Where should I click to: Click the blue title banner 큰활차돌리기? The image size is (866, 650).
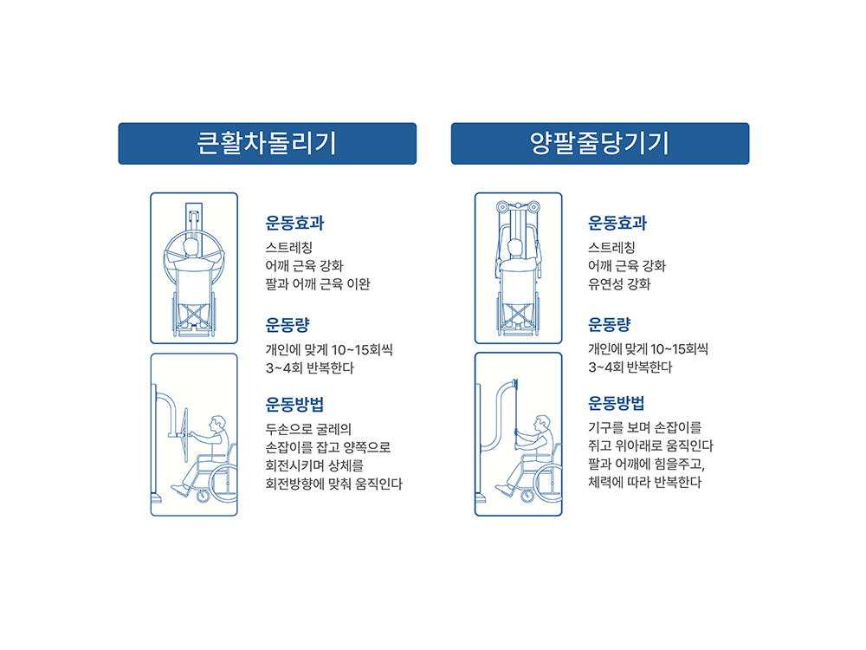(x=268, y=144)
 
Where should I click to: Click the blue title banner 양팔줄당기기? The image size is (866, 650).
(x=600, y=144)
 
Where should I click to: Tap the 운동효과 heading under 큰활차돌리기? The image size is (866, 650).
(x=294, y=223)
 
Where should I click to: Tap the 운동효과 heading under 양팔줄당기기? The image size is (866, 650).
(x=617, y=223)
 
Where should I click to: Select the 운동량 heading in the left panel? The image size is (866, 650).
(x=288, y=324)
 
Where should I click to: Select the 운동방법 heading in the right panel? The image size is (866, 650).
(x=617, y=403)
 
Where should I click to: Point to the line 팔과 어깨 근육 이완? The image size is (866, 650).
(x=318, y=284)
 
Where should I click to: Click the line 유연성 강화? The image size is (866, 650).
(x=619, y=284)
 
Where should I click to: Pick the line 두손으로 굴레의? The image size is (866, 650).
(x=308, y=429)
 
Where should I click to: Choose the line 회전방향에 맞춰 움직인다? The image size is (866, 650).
(x=333, y=484)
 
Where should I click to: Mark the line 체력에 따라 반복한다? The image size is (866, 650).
(x=644, y=482)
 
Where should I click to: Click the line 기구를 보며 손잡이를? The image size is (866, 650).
(x=644, y=427)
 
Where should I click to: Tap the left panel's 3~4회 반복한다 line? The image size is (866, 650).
(x=309, y=368)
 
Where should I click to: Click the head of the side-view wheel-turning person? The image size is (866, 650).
(x=217, y=424)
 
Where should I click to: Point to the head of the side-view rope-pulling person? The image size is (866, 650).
(x=542, y=424)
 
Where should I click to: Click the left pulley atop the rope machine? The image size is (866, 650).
(x=502, y=207)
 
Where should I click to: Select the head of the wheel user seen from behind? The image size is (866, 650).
(x=191, y=247)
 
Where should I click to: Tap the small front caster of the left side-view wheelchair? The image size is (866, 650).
(x=203, y=496)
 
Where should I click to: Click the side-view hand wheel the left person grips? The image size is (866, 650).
(x=185, y=435)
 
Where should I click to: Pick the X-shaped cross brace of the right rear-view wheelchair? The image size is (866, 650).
(x=518, y=315)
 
